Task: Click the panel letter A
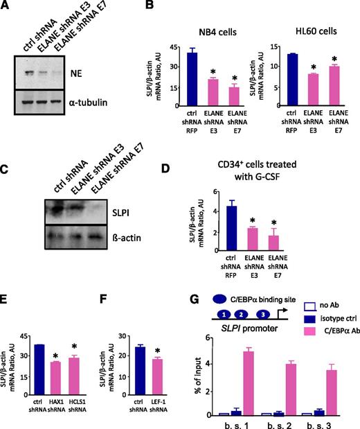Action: tap(8, 7)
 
